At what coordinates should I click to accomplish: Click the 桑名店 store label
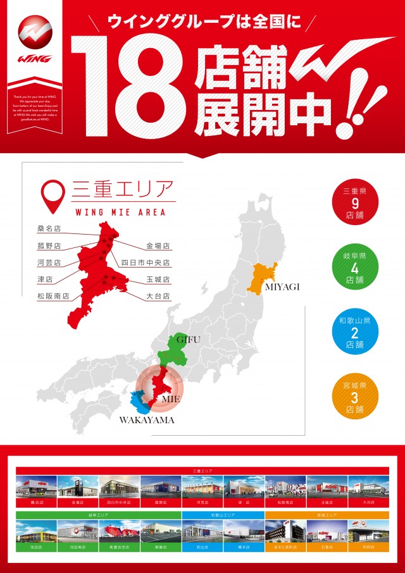click(49, 229)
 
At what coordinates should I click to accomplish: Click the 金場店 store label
click(158, 246)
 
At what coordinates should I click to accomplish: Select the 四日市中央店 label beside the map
click(146, 262)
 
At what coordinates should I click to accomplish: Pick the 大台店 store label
click(158, 295)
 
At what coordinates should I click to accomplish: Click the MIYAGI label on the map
click(282, 287)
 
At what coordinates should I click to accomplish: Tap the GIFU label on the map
click(189, 340)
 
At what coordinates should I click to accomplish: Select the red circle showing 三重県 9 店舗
click(354, 204)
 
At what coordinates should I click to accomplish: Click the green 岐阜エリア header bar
click(99, 515)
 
